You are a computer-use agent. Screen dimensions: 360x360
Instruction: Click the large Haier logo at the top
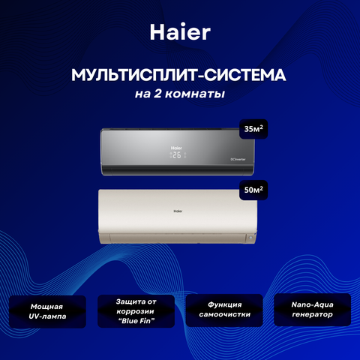tap(180, 32)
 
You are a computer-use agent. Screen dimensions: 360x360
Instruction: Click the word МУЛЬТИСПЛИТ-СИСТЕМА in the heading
tap(178, 75)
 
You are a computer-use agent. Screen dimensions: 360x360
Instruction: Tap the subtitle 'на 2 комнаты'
tap(180, 94)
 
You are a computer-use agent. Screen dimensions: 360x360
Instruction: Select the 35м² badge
tap(253, 129)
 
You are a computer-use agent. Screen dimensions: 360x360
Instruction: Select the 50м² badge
tap(253, 190)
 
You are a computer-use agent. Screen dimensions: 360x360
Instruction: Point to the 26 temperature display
tap(177, 155)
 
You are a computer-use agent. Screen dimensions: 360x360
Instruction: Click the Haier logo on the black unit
tap(176, 148)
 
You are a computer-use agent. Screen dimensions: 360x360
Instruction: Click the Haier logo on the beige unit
tap(178, 211)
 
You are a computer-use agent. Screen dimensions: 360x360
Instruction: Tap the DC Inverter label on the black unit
tap(238, 159)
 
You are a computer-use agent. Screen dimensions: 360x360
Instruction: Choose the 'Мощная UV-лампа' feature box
tap(47, 311)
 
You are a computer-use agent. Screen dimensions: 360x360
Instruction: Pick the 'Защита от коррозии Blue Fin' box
tap(136, 311)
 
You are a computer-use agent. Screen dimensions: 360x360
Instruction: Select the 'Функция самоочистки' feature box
tap(224, 310)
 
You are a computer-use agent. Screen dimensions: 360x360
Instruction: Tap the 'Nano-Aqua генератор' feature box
tap(313, 310)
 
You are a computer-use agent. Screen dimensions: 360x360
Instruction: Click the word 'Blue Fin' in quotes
tap(136, 321)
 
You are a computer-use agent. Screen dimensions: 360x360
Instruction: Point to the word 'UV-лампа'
tap(47, 316)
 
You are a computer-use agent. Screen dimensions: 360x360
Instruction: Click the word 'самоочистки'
tap(225, 314)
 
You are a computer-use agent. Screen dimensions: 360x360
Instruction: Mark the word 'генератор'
tap(313, 314)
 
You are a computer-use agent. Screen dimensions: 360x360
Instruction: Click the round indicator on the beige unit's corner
tap(250, 238)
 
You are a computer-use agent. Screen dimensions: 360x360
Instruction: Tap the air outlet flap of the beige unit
tap(178, 238)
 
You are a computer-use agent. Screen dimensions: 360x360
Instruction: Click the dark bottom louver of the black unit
tap(178, 171)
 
